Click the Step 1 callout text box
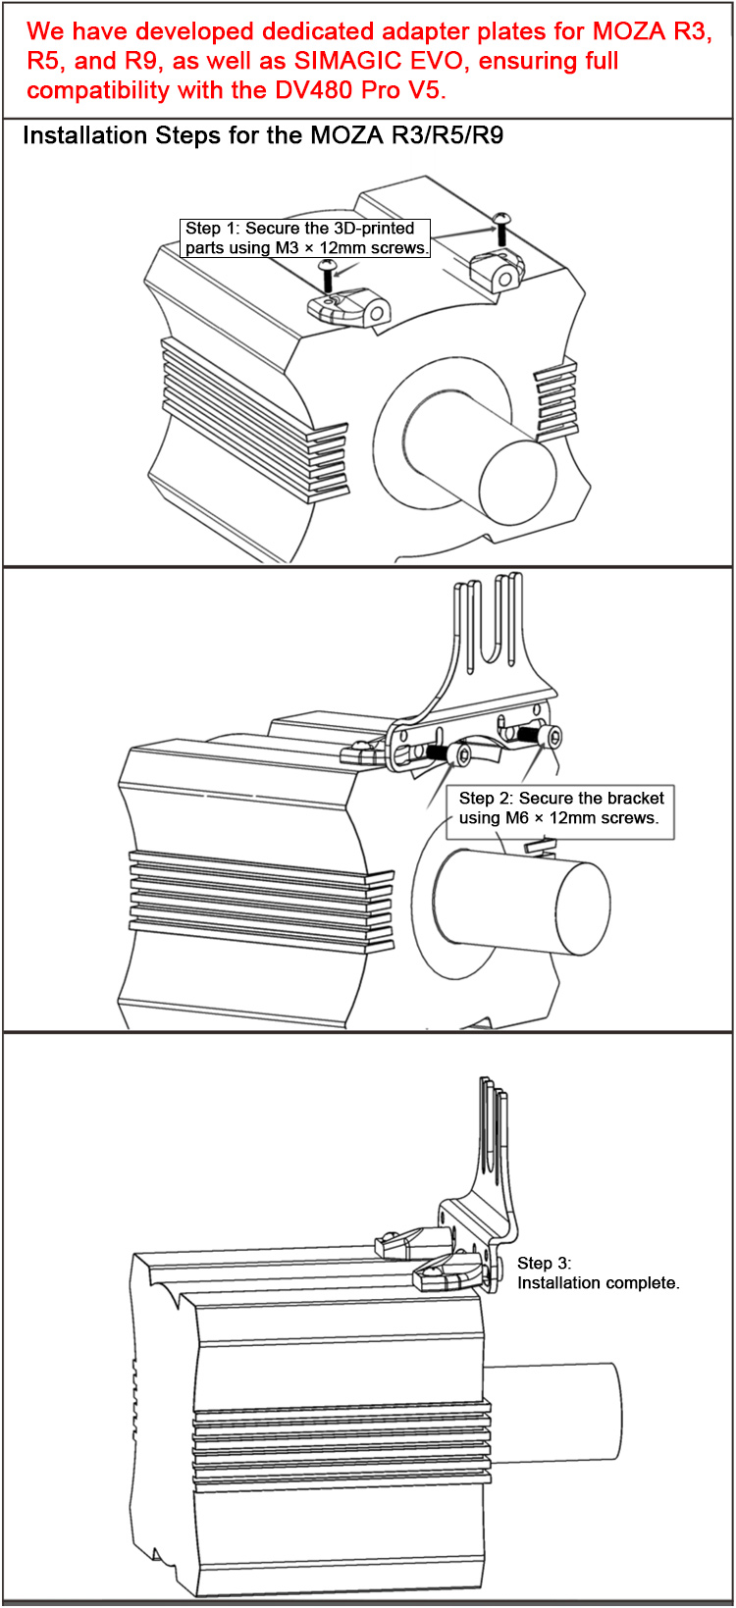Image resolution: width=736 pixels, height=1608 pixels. (x=305, y=238)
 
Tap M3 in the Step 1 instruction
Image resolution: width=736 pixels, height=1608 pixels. (x=286, y=248)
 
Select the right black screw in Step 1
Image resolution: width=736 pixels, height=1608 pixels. (x=501, y=225)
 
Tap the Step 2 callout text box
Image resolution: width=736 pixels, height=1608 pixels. (x=560, y=808)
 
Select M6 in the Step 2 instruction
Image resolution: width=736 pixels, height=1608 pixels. (x=516, y=818)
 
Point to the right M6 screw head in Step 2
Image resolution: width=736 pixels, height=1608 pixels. (x=552, y=737)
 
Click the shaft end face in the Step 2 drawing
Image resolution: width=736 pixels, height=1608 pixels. (x=582, y=908)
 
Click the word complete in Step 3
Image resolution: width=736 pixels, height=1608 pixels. (x=643, y=1283)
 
